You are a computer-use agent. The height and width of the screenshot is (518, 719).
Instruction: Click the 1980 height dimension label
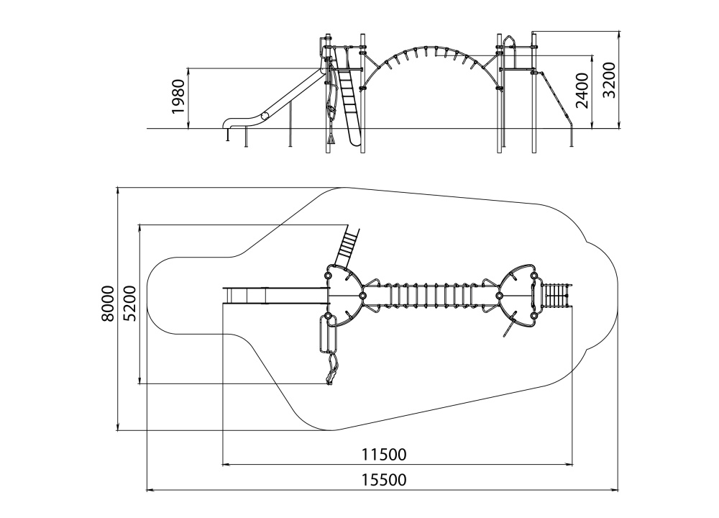pyautogui.click(x=178, y=96)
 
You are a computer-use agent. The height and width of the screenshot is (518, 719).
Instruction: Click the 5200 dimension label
pyautogui.click(x=129, y=304)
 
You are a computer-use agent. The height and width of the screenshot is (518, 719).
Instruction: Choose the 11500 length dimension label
pyautogui.click(x=384, y=454)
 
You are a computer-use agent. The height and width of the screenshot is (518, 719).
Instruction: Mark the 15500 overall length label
pyautogui.click(x=384, y=479)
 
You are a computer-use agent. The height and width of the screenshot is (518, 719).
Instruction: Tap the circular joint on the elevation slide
pyautogui.click(x=265, y=116)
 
